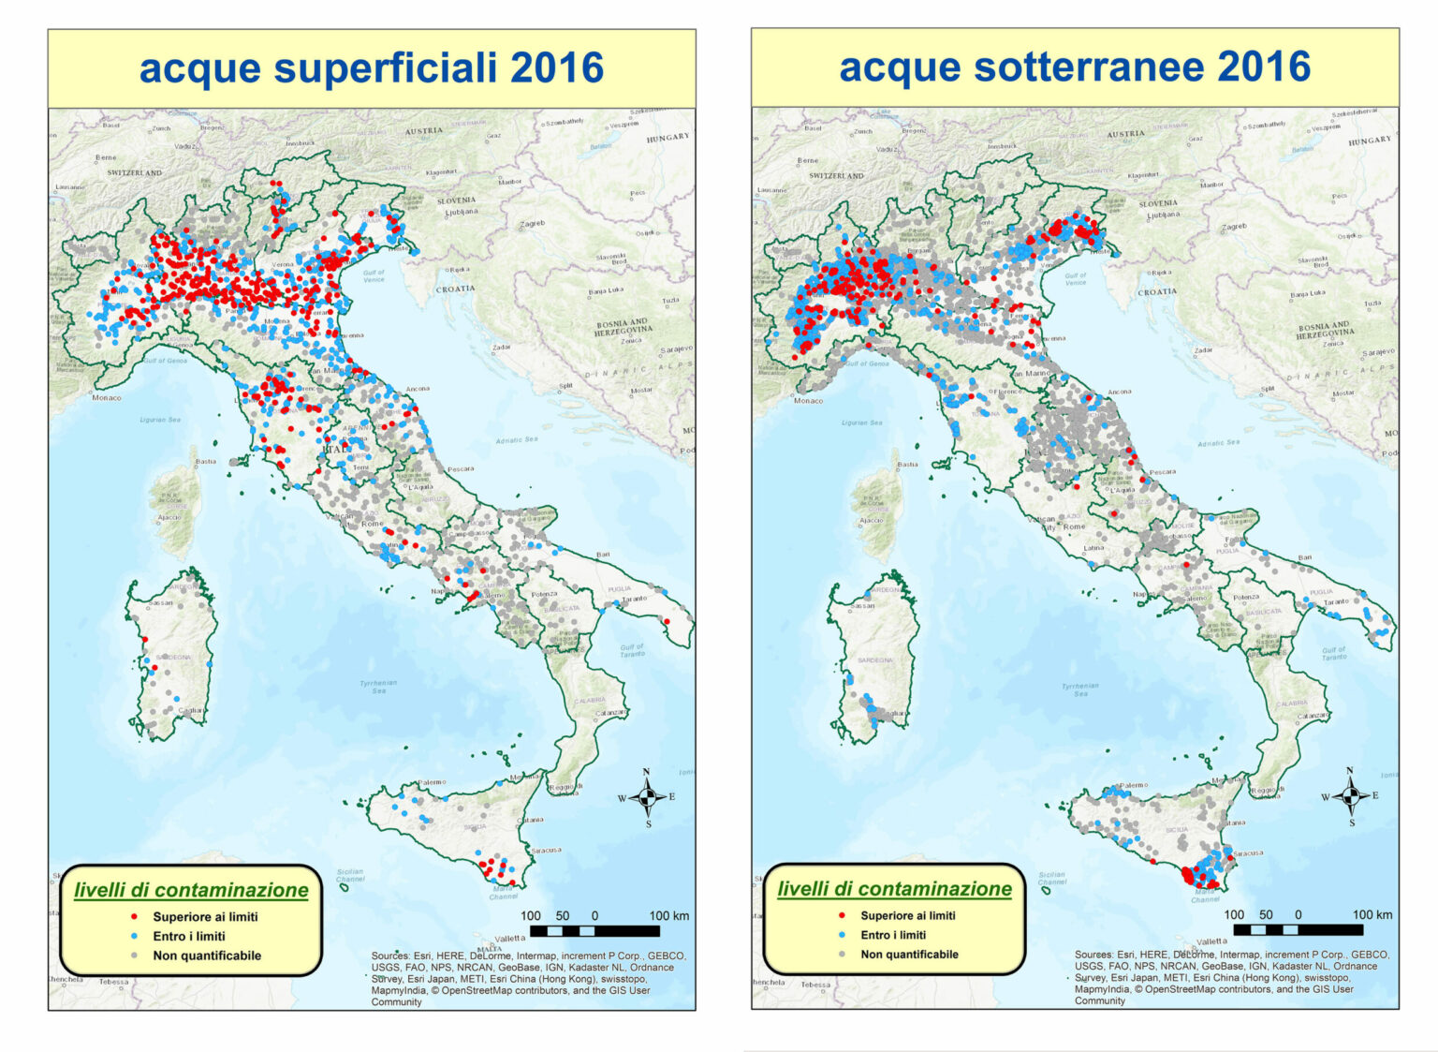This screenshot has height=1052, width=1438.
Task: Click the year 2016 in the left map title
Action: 557,68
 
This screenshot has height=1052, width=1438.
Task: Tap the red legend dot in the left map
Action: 134,916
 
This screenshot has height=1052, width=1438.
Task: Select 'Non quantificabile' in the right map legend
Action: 909,954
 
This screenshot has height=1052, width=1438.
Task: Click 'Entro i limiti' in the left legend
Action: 189,936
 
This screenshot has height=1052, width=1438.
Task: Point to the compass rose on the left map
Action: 646,797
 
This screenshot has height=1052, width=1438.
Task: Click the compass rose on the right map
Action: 1349,796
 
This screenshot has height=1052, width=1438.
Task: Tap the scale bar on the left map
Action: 594,931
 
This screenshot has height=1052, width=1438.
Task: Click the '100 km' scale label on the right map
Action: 1372,914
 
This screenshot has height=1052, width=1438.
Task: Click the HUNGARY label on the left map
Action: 668,138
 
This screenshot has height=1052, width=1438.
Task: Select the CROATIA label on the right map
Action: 1157,291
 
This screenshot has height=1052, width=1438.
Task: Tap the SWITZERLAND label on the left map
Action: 135,173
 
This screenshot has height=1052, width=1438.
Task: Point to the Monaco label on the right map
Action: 808,400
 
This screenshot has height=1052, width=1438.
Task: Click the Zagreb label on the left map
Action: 533,224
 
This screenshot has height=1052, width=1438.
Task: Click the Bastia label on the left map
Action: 206,461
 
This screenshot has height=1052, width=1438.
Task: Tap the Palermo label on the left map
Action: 432,781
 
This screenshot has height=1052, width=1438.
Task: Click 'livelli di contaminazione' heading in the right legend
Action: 894,888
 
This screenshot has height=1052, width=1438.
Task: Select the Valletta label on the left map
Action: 510,938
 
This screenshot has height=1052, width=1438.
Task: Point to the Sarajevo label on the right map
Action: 1378,352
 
